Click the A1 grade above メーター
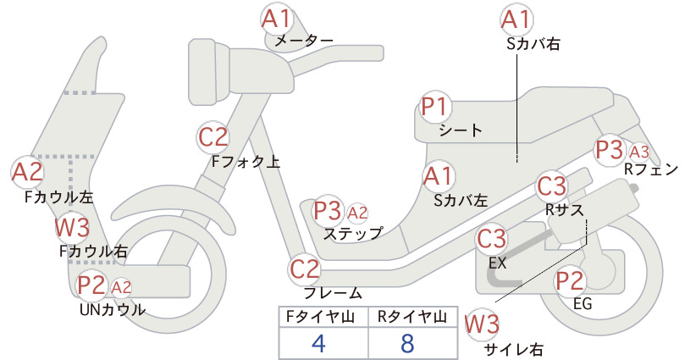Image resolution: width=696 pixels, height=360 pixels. pos(276,19)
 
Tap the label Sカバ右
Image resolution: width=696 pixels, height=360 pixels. pos(533,43)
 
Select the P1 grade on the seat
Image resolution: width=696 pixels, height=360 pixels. pos(435,107)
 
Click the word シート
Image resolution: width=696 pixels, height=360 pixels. pos(461,130)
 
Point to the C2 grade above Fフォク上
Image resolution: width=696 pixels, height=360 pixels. pos(213,137)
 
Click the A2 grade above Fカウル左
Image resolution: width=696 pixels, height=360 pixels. pos(27,172)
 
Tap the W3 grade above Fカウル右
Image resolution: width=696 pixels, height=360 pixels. pos(72,228)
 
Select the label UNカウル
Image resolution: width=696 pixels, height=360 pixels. pos(113,309)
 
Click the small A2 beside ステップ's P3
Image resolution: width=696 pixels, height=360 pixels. pos(357,213)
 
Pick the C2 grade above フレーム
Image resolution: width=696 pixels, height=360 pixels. pos(305,269)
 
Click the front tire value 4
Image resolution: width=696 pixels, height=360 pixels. pos(319,343)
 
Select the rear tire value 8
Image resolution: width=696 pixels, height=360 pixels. pos(407,343)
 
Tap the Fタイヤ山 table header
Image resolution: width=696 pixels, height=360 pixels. pos(320,317)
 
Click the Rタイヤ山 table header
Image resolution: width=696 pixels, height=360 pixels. pos(412,317)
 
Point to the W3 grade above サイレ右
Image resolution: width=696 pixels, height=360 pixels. pos(482,324)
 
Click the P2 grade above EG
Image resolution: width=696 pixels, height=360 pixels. pos(570,281)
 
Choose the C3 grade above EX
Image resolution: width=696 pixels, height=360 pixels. pos(491,239)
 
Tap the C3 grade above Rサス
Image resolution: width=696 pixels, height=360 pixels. pos(552,186)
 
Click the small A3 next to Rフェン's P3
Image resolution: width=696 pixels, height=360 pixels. pos(639,152)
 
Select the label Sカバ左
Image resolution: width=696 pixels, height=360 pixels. pos(461,201)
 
